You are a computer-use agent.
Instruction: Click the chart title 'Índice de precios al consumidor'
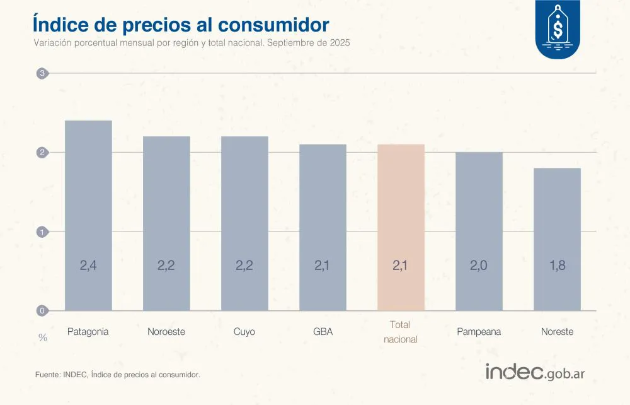[x=180, y=25]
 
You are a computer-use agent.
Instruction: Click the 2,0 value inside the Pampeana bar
[x=479, y=266]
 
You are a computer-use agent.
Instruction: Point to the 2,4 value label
[x=88, y=266]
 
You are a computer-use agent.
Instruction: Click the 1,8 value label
[x=557, y=266]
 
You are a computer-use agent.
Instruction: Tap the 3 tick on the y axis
[x=42, y=73]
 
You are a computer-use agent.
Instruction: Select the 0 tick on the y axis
[x=42, y=310]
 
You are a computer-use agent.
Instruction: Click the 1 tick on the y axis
[x=42, y=232]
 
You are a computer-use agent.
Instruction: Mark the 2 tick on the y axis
[x=42, y=152]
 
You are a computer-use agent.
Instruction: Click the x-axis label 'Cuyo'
[x=244, y=332]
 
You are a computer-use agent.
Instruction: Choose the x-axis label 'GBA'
[x=323, y=332]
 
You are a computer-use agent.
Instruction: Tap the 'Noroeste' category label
[x=166, y=332]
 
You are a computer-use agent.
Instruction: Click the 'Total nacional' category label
[x=401, y=332]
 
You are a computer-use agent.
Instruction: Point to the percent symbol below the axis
[x=43, y=337]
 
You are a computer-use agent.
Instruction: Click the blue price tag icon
[x=558, y=30]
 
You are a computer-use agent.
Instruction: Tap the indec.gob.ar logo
[x=535, y=372]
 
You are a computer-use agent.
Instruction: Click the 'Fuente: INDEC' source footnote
[x=117, y=375]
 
